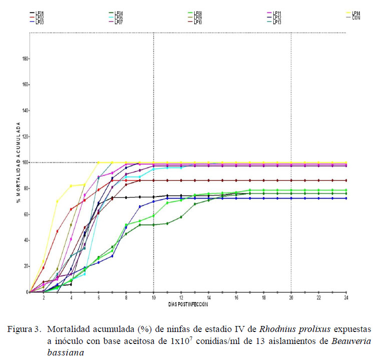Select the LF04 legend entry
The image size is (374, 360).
click(x=119, y=13)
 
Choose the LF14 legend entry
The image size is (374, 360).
click(x=356, y=13)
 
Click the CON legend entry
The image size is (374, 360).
click(x=356, y=17)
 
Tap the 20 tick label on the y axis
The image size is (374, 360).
click(x=25, y=266)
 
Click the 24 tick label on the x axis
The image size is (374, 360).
click(x=345, y=297)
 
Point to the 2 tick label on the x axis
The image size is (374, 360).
click(x=44, y=297)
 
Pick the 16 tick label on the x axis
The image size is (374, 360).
click(x=236, y=297)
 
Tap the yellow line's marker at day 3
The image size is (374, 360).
click(x=57, y=201)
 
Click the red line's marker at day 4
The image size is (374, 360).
click(x=71, y=209)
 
